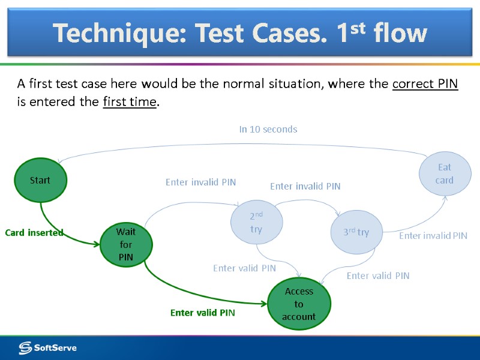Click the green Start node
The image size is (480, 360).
coord(40,180)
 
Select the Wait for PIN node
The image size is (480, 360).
coord(126,244)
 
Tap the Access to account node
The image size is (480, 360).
coord(299,304)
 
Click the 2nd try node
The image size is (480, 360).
coord(256,221)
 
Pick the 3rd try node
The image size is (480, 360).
coord(356,232)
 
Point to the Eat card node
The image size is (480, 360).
coord(445,173)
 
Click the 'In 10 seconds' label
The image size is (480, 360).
coord(268,129)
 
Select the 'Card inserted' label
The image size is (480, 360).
coord(34,232)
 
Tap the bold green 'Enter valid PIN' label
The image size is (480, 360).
coord(202,313)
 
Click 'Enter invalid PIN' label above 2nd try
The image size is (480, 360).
coord(200,182)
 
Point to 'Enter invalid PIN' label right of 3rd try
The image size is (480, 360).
coord(433,236)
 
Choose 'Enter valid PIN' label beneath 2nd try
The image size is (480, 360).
coord(244,268)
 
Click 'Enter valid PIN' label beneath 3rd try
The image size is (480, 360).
coord(378,275)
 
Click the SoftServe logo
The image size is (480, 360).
coord(47,347)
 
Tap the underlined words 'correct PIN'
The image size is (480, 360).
coord(425,84)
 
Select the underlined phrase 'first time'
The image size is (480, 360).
coord(129,102)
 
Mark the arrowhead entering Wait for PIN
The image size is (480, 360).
coord(97,244)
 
